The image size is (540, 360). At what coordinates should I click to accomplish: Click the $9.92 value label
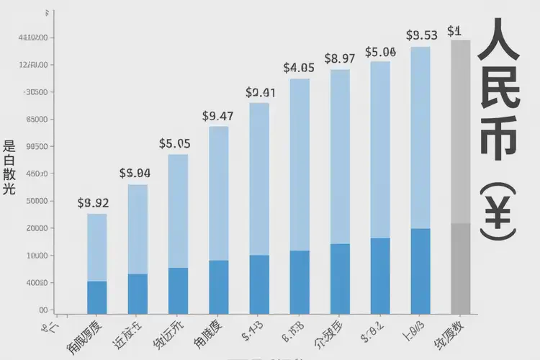[93, 203]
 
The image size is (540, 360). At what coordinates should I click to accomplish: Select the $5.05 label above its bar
[174, 144]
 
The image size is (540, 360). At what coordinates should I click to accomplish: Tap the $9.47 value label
[217, 116]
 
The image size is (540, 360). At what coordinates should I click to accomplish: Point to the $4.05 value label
[299, 68]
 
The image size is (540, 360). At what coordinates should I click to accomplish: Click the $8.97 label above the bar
[339, 58]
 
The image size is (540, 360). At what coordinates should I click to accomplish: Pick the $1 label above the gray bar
[454, 31]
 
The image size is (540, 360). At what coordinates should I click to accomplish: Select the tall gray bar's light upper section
[460, 130]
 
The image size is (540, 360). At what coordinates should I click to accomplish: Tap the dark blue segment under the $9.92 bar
[96, 297]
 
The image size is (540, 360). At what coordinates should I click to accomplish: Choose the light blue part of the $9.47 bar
[218, 193]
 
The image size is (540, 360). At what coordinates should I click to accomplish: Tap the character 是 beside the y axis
[9, 144]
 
